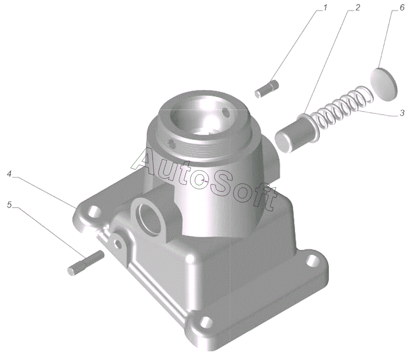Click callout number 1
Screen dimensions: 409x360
[x=325, y=8]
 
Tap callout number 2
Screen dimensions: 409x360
[x=358, y=8]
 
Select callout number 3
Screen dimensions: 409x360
[x=402, y=113]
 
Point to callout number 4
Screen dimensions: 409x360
[x=9, y=174]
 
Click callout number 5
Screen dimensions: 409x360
[x=9, y=205]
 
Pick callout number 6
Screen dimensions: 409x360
[x=402, y=8]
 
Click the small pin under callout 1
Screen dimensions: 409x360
[x=266, y=89]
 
